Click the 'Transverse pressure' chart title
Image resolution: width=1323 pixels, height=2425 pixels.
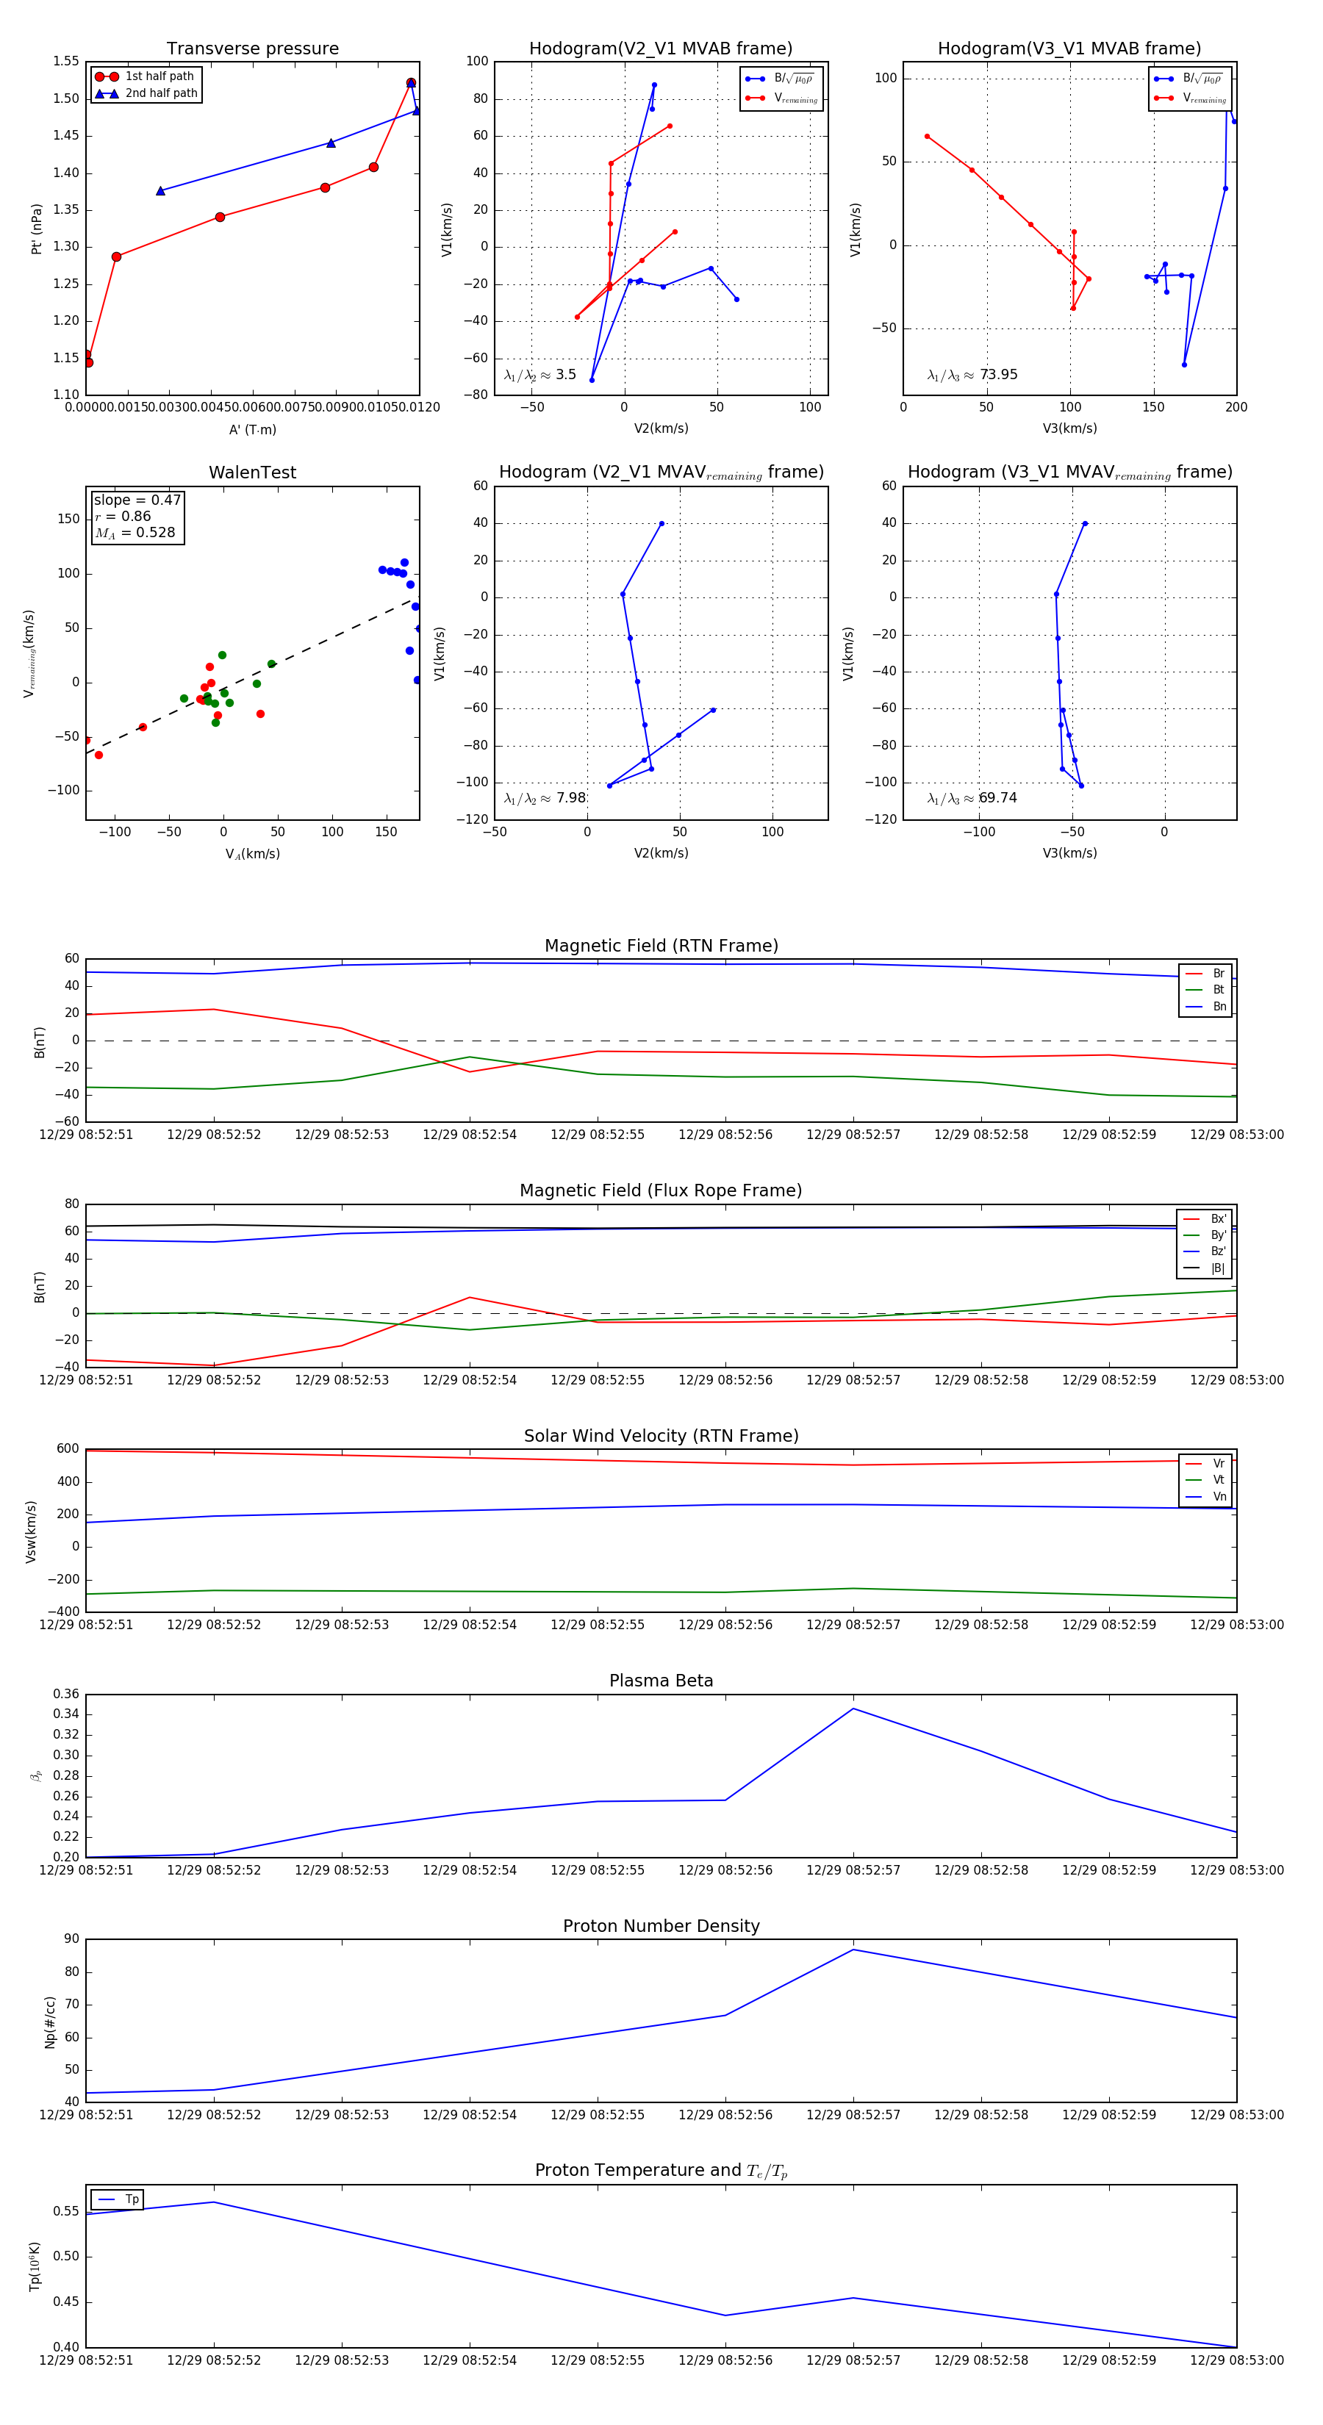(x=252, y=49)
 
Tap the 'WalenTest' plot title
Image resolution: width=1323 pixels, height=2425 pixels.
(x=252, y=473)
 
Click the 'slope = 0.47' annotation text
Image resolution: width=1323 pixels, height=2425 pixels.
(x=137, y=500)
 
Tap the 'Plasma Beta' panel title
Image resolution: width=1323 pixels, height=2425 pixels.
(x=661, y=1681)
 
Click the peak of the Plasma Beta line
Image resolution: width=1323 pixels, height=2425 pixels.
(x=853, y=1709)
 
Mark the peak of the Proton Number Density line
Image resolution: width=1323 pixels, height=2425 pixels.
(x=853, y=1950)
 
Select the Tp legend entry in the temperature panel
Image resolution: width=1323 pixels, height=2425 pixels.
(x=131, y=2199)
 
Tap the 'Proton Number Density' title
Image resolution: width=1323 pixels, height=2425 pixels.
(x=661, y=1926)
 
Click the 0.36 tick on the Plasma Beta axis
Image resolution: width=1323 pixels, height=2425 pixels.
(x=66, y=1694)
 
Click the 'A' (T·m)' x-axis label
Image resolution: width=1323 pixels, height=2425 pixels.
(x=252, y=429)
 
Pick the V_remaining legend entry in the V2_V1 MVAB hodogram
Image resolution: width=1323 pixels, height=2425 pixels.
(x=795, y=98)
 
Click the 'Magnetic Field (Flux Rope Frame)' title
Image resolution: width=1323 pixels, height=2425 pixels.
(x=661, y=1191)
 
